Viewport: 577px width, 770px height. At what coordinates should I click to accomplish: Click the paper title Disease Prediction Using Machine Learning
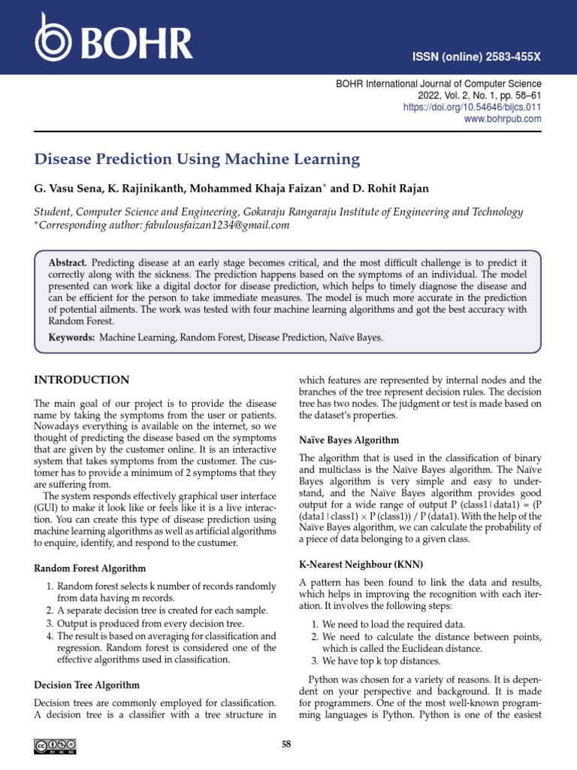click(x=198, y=159)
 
